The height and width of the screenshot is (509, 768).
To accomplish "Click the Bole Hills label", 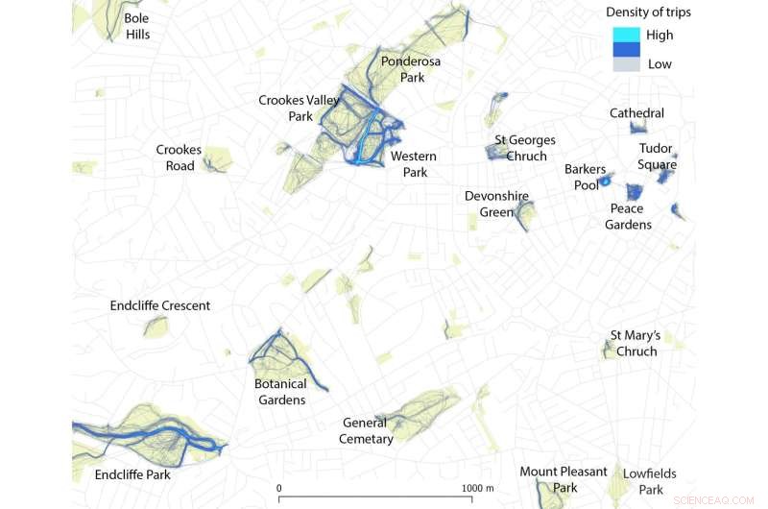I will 137,26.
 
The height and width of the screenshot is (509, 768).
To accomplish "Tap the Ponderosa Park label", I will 410,69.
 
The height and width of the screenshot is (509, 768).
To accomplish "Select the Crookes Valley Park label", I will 300,108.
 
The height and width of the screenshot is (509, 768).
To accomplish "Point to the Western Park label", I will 414,164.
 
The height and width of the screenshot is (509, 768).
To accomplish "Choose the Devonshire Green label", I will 496,204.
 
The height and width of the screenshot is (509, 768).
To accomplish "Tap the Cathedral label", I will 636,113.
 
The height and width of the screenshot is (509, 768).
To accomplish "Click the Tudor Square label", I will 658,157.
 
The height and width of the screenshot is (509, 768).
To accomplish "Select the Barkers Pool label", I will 585,177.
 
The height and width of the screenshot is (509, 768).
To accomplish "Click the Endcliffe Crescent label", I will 160,305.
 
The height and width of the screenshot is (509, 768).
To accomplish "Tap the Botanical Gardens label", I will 280,392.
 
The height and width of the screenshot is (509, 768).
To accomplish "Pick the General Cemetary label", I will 368,430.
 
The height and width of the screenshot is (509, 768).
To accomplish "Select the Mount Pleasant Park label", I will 564,479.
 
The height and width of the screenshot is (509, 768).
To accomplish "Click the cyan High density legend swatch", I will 626,35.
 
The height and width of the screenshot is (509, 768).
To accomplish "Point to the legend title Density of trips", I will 648,12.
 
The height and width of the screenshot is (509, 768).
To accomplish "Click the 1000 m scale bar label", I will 476,488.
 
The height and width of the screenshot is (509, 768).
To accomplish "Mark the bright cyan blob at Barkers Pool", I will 606,181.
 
